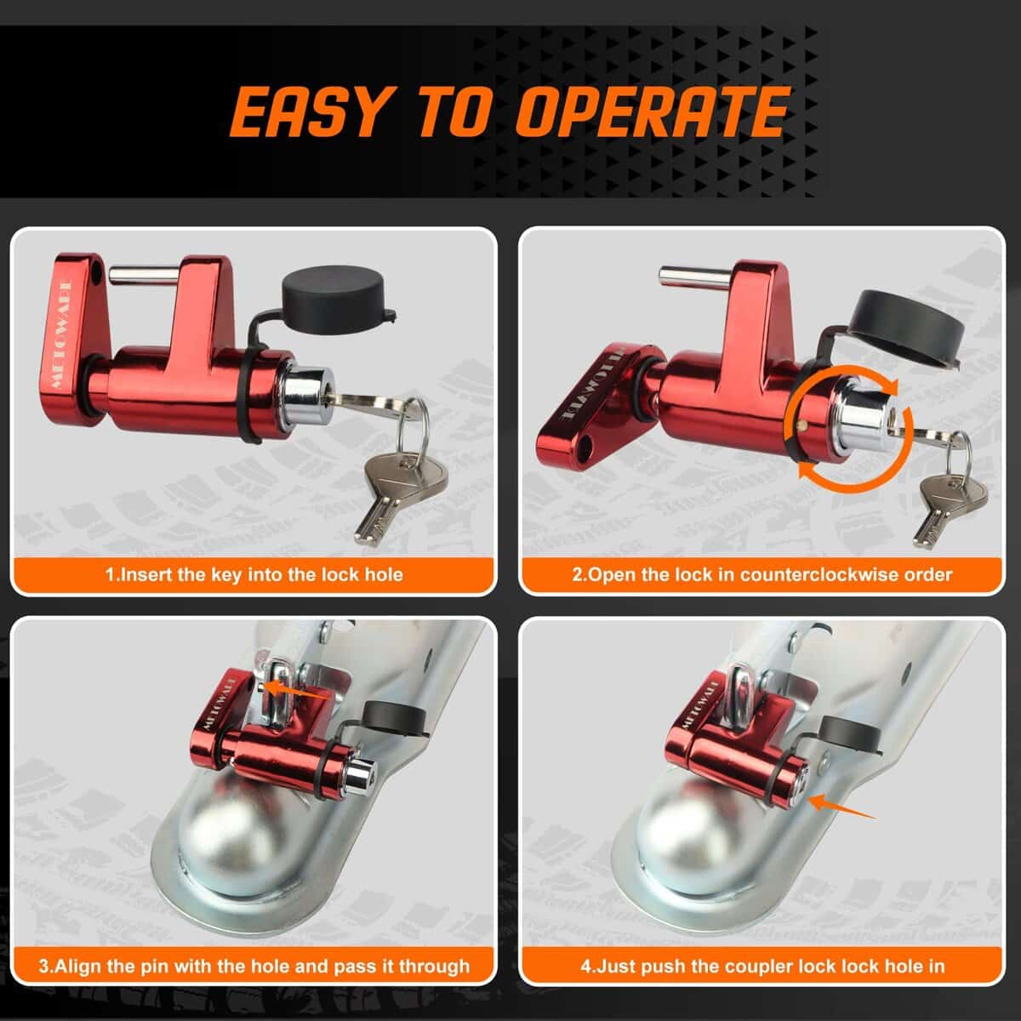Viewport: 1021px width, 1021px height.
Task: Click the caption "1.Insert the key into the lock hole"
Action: tap(254, 575)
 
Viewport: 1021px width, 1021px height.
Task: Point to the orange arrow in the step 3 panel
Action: tap(297, 692)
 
